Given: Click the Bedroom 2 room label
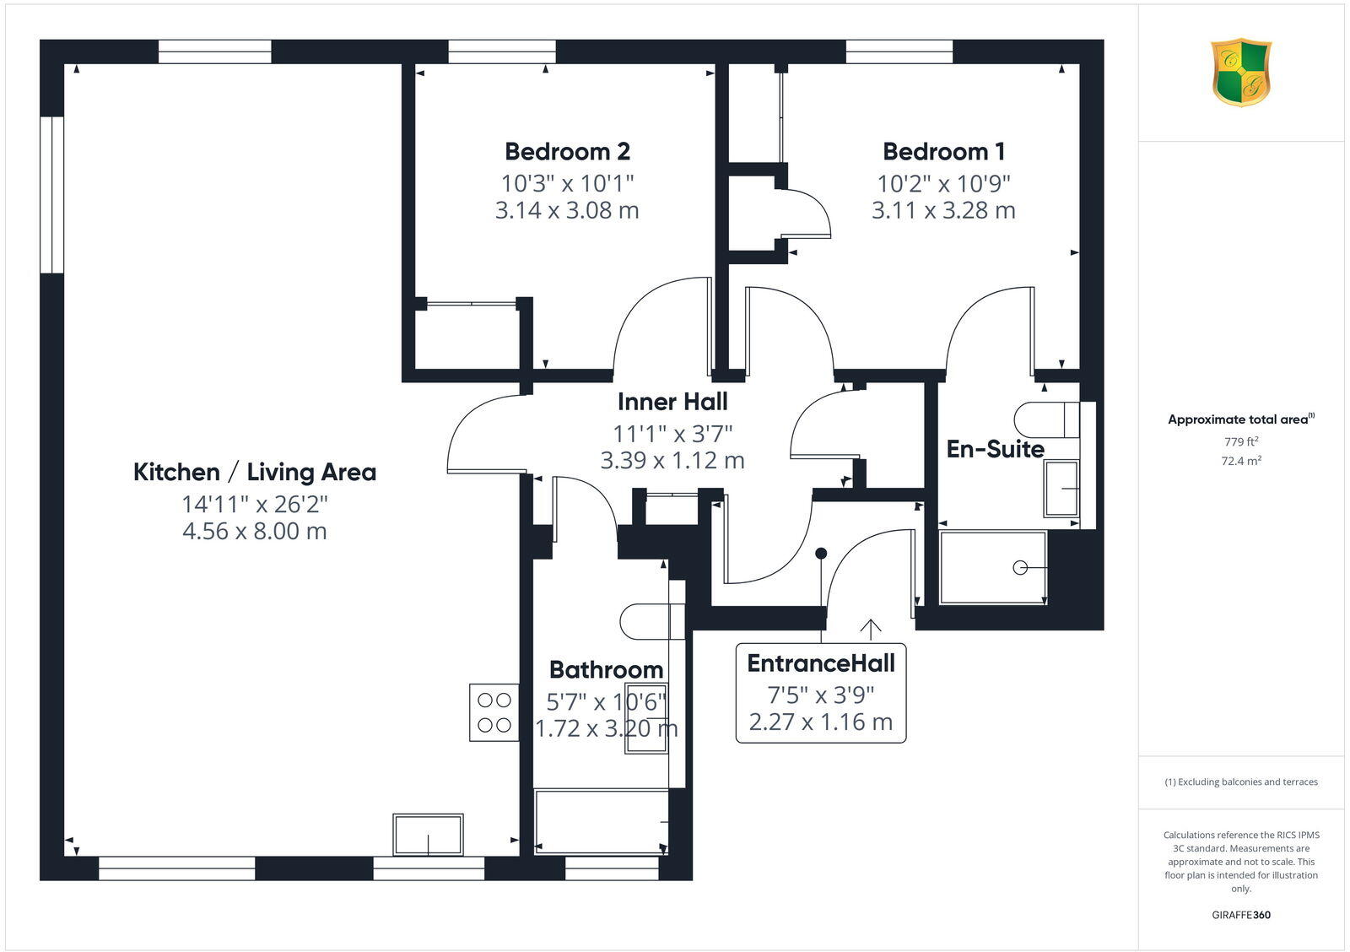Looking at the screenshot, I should tap(567, 152).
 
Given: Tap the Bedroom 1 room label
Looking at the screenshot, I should tap(943, 152).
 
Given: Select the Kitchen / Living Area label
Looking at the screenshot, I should tap(255, 472).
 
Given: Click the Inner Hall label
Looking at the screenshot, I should tap(672, 402).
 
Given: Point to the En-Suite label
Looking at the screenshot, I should tap(995, 449).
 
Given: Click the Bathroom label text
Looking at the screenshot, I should tap(606, 670).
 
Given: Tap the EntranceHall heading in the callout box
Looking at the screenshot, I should tap(821, 663).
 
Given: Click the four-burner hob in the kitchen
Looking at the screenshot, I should tap(494, 712).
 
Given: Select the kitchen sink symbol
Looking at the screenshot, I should tap(428, 834).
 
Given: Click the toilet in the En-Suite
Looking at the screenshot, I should tap(1046, 419).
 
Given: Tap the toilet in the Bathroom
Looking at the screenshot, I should tap(651, 622).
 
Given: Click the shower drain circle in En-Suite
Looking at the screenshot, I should tap(1020, 568).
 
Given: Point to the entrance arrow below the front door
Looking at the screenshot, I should tap(870, 629).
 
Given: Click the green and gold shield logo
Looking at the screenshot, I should tap(1241, 73).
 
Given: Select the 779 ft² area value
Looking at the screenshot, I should tap(1241, 441).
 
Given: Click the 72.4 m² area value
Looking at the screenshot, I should tap(1241, 461).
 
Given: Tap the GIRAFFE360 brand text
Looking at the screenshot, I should tap(1241, 915).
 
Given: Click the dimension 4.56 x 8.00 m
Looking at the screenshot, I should tap(255, 531).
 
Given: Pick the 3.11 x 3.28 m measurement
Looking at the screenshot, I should tap(943, 210).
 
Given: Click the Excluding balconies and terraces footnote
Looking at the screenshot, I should tap(1241, 782).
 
